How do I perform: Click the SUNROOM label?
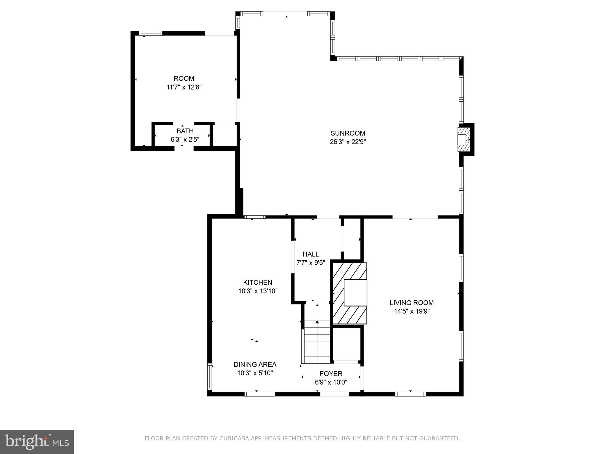[x=348, y=133]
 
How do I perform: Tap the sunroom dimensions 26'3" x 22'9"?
[x=348, y=142]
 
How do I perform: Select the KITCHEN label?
[x=257, y=282]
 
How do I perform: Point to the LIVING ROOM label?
[x=412, y=303]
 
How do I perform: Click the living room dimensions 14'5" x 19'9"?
[x=412, y=311]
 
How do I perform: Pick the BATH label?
[x=185, y=131]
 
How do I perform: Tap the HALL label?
[x=311, y=254]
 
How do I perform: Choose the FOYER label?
[x=331, y=374]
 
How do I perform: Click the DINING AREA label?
[x=255, y=364]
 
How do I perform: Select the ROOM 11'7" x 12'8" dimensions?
[x=184, y=87]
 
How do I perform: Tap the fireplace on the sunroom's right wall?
[x=463, y=139]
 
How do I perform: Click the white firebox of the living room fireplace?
[x=355, y=293]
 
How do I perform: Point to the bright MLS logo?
[x=37, y=442]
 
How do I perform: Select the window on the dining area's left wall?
[x=210, y=377]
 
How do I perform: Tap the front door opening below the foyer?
[x=334, y=394]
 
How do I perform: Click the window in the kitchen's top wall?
[x=255, y=217]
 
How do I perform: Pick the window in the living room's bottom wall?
[x=410, y=394]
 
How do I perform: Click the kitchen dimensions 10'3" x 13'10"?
[x=258, y=291]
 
